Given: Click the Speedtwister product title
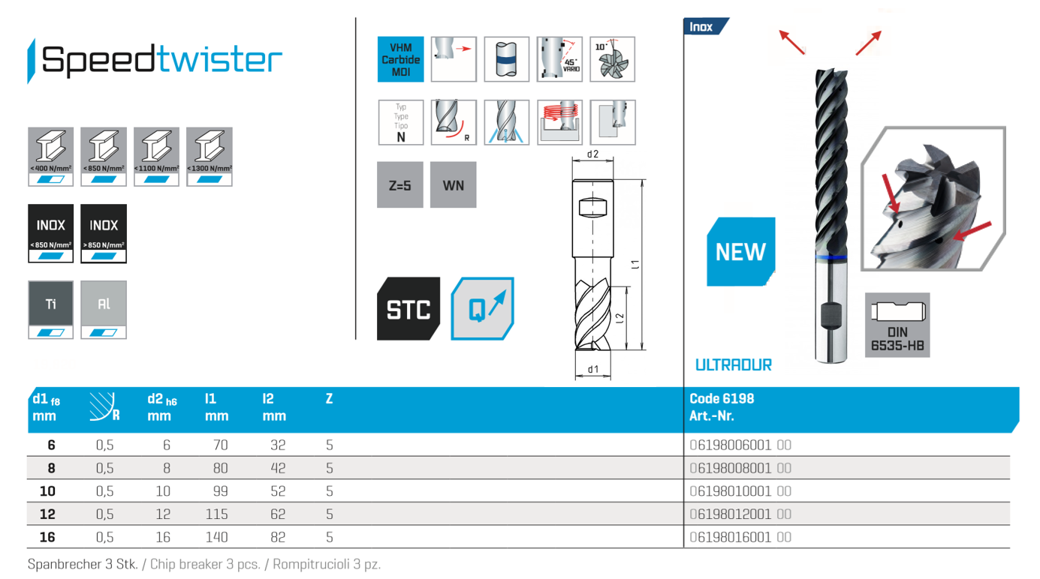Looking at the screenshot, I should point(161,60).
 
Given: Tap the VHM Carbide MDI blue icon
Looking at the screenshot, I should point(400,59).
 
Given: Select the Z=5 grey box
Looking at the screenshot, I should point(399,185).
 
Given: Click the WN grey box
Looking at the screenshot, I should point(453,185).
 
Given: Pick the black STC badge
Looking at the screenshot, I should point(408,309).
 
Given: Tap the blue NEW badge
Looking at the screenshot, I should point(740,252).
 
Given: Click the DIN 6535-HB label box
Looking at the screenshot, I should point(897,325).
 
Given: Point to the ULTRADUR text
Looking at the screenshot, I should point(733,365).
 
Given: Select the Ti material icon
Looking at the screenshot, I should point(50,310).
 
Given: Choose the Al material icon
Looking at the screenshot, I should point(104,310).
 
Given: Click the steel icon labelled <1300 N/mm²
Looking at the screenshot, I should point(210,157).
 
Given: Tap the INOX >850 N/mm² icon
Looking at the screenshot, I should point(104,233).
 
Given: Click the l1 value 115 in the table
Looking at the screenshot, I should point(216,514).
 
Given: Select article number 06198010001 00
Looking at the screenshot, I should point(740,491).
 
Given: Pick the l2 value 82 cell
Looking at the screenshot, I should point(278,538).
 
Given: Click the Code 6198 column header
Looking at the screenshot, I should point(721,399).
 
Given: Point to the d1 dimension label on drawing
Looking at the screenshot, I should point(593,369).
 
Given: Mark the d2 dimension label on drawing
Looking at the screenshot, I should point(592,154).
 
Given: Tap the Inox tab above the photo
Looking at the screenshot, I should point(703,27).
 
